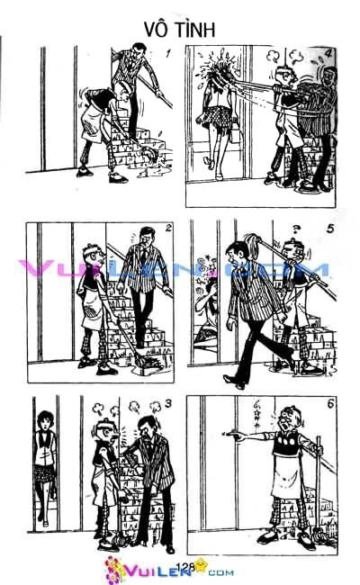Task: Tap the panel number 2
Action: pos(167,229)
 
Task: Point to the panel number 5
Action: pos(330,229)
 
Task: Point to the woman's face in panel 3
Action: pos(43,422)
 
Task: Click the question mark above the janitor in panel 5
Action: pos(293,226)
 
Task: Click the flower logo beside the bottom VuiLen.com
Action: pos(116,570)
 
